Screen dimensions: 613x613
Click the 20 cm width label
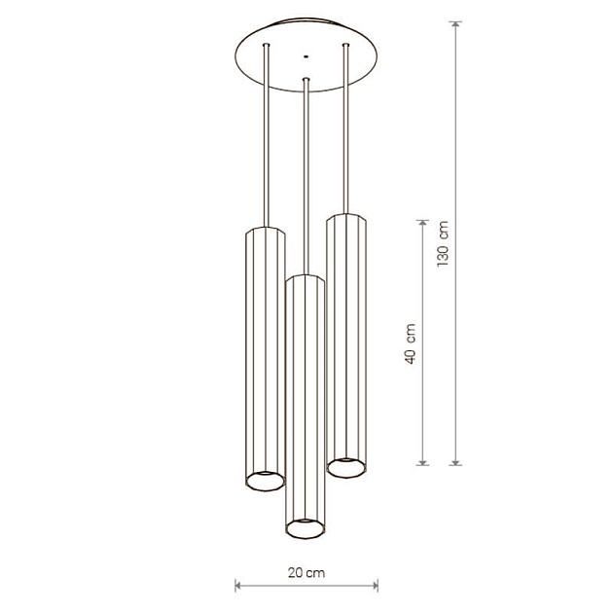[x=306, y=573]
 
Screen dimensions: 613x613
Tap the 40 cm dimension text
[x=410, y=343]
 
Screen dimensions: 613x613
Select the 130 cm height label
[x=443, y=243]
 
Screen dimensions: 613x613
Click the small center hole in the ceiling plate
[x=306, y=57]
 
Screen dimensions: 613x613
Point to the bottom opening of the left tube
[x=265, y=481]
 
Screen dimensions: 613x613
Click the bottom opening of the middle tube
[x=306, y=528]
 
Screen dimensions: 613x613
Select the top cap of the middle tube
[x=306, y=278]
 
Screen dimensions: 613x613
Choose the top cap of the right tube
[x=346, y=218]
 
